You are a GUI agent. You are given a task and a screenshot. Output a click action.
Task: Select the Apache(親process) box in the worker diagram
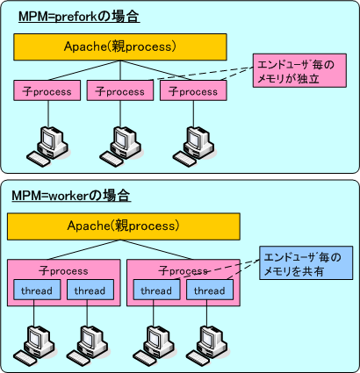[x=123, y=226]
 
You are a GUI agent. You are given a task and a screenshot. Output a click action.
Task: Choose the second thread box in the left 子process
[x=90, y=291]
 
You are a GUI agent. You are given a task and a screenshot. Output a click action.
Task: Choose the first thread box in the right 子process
[x=155, y=291]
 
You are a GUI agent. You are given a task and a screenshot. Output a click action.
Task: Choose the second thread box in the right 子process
[x=209, y=291]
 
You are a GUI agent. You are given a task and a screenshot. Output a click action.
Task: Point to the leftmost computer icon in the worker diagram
[x=36, y=342]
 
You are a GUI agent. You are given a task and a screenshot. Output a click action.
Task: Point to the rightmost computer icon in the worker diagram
[x=209, y=342]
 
